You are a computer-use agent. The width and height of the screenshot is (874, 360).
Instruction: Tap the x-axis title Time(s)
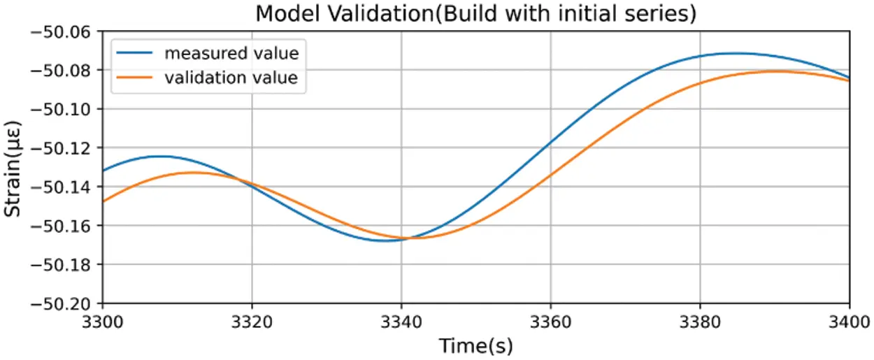tap(475, 345)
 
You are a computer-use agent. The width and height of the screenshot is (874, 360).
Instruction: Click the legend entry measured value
tap(231, 53)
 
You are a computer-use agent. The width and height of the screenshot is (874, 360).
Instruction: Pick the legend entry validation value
tap(231, 78)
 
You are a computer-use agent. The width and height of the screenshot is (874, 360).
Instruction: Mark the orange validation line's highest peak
tap(776, 71)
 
